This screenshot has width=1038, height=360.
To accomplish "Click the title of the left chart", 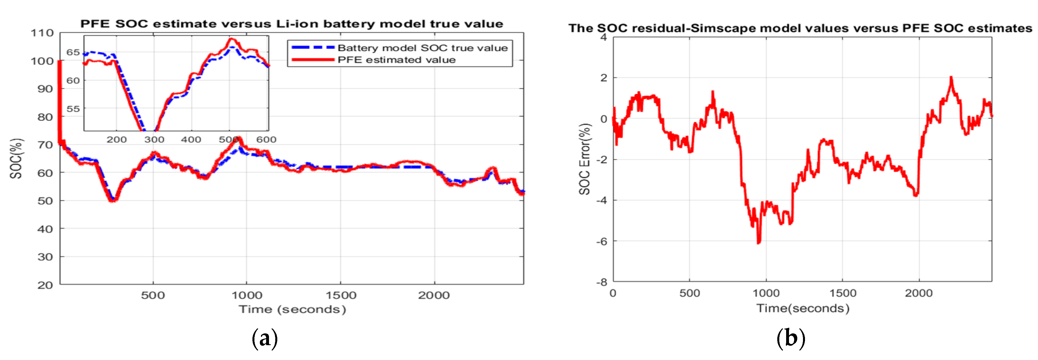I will pyautogui.click(x=292, y=24).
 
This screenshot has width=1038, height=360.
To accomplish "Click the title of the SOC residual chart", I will pyautogui.click(x=800, y=28).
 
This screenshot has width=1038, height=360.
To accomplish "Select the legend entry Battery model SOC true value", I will pyautogui.click(x=422, y=48).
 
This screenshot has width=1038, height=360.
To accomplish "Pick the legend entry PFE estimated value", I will pyautogui.click(x=397, y=60).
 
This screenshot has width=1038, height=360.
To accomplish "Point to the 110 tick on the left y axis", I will pyautogui.click(x=42, y=33).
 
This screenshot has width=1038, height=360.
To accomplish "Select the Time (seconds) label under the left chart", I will pyautogui.click(x=292, y=309).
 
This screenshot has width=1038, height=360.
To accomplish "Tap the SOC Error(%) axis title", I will pyautogui.click(x=585, y=159).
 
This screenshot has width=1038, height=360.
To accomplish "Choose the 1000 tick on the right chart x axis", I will pyautogui.click(x=766, y=293).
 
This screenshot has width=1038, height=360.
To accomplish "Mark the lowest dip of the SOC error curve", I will pyautogui.click(x=758, y=243).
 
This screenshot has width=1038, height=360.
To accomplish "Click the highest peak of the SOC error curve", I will pyautogui.click(x=951, y=77).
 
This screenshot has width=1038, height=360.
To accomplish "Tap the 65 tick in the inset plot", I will pyautogui.click(x=73, y=52).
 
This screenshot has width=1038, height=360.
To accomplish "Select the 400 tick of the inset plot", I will pyautogui.click(x=191, y=139).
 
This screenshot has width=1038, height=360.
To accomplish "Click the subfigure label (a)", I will pyautogui.click(x=265, y=338).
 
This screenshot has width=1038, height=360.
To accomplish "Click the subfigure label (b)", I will pyautogui.click(x=791, y=338).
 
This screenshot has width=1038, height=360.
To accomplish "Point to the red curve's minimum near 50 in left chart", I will pyautogui.click(x=113, y=200).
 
